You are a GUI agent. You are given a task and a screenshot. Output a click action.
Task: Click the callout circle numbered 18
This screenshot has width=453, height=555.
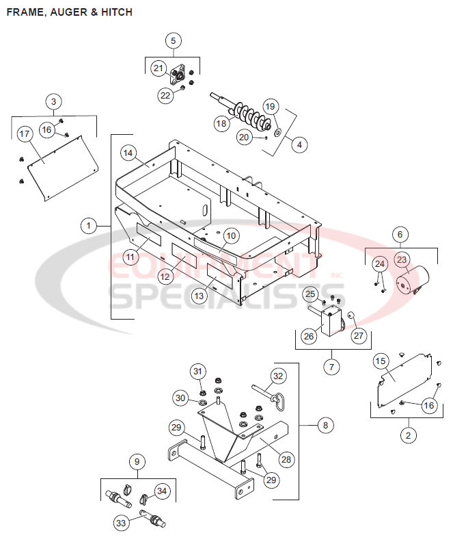point(221,124)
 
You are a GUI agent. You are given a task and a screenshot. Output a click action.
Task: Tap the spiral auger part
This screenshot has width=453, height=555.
point(249,116)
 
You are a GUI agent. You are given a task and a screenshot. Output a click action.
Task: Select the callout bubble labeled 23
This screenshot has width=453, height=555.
point(402,260)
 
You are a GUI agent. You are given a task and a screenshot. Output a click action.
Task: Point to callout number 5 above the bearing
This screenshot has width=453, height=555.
point(173,40)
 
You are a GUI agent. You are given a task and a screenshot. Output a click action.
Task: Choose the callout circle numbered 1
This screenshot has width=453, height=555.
point(87,224)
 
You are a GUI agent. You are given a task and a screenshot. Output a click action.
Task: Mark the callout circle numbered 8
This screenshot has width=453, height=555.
point(325,426)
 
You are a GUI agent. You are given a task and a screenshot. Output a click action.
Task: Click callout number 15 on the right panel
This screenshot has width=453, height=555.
point(381,361)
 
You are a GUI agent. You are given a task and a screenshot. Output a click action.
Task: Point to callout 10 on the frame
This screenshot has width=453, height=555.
point(231,235)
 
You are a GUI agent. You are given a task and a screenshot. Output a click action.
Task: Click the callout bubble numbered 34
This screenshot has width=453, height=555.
point(161,491)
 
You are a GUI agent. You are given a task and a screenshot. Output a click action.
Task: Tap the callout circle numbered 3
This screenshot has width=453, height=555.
point(54,101)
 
